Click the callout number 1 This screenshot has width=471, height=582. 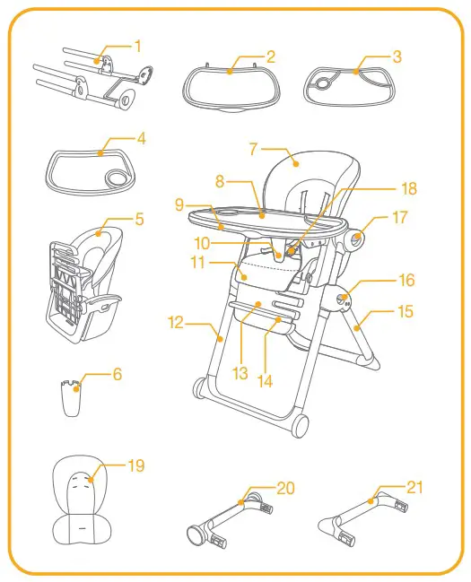click(x=137, y=44)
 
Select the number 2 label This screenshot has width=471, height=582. click(x=271, y=56)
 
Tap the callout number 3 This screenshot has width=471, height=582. click(x=397, y=56)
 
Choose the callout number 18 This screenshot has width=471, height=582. click(x=409, y=189)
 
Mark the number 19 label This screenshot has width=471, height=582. click(x=135, y=465)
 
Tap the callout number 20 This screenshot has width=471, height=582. click(x=284, y=488)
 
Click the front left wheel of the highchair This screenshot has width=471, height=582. click(x=199, y=388)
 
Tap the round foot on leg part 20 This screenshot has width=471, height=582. click(x=194, y=535)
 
